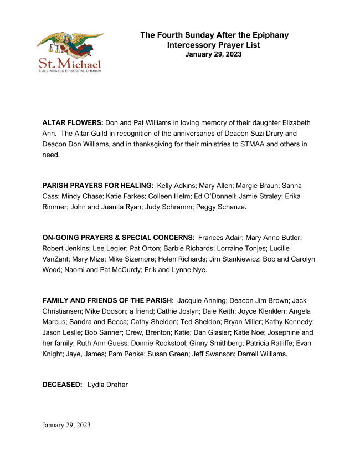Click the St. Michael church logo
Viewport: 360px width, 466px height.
[x=69, y=52]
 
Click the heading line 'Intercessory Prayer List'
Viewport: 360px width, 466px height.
[x=213, y=45]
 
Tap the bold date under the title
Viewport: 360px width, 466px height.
[x=213, y=54]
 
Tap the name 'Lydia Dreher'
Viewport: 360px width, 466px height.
[x=107, y=384]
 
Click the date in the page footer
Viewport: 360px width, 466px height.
[x=66, y=425]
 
